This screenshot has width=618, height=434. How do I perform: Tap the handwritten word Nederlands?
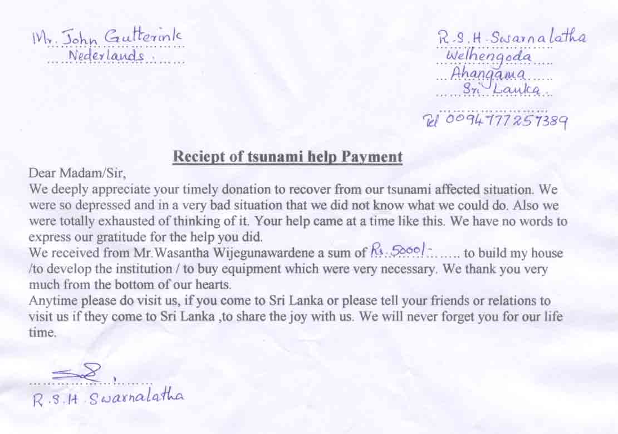106,56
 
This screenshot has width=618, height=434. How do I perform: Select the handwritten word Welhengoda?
489,56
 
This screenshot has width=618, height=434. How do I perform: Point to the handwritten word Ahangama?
489,74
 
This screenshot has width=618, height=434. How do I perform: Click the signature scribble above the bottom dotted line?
78,374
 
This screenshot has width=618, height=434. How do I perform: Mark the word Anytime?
52,302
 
